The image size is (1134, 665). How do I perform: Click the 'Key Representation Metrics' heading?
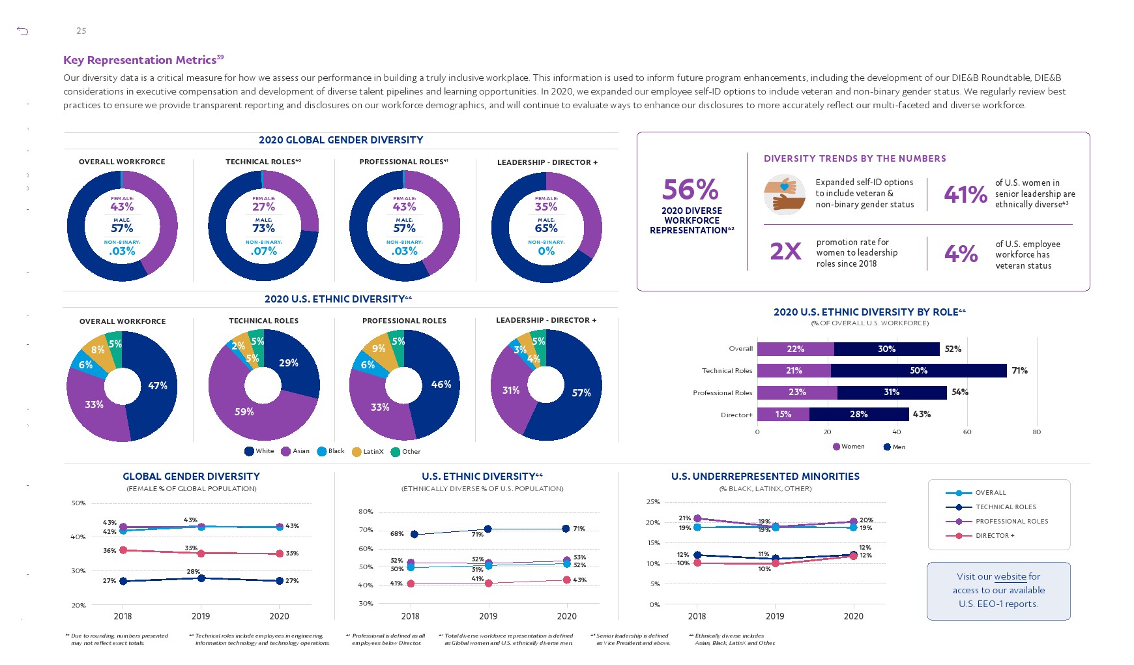click(139, 60)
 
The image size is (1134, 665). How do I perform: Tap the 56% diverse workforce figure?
click(690, 190)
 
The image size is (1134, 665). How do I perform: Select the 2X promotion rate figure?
click(785, 251)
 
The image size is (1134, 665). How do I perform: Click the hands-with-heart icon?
click(784, 194)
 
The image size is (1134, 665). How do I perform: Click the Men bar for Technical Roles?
click(918, 370)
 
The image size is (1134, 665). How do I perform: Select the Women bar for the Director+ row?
click(783, 414)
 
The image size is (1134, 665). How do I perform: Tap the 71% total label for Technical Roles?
click(1019, 370)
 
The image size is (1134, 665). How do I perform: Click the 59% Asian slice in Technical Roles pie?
click(244, 411)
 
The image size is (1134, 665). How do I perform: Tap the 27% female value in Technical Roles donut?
click(263, 207)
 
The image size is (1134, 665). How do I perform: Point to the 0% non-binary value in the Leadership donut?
click(546, 251)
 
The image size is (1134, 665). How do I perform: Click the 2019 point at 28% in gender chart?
click(201, 578)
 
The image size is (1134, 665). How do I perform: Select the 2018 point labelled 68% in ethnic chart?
click(414, 534)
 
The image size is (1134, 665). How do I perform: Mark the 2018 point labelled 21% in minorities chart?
click(697, 518)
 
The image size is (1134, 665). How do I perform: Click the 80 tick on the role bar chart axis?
click(1036, 432)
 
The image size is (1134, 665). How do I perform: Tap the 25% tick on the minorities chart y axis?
click(653, 501)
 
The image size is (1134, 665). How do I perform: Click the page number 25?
click(81, 31)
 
